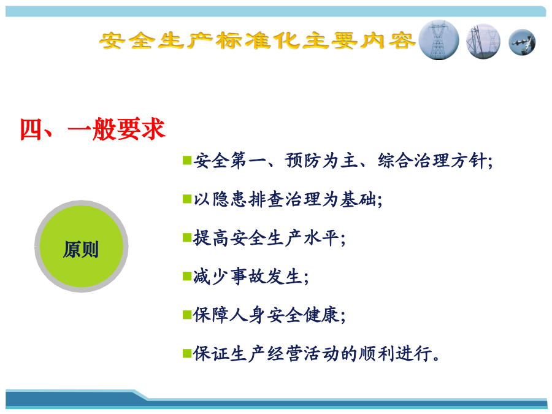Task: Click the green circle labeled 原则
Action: [82, 247]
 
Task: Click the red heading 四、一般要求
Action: [93, 129]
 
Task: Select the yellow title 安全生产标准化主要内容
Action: [258, 40]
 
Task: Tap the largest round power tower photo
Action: [439, 40]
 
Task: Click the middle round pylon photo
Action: [483, 42]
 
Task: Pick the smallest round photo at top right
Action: [522, 42]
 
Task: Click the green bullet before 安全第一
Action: [187, 160]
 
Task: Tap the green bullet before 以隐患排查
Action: [187, 199]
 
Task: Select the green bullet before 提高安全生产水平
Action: [187, 238]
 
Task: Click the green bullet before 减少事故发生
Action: [187, 276]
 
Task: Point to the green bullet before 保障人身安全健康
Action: [187, 315]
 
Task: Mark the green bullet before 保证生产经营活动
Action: [187, 353]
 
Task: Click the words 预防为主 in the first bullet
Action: [321, 161]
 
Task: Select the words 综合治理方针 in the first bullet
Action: [432, 161]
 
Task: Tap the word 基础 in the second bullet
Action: [358, 199]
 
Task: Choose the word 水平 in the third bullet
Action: [321, 239]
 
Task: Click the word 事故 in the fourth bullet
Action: [248, 277]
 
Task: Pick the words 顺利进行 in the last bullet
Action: [396, 353]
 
